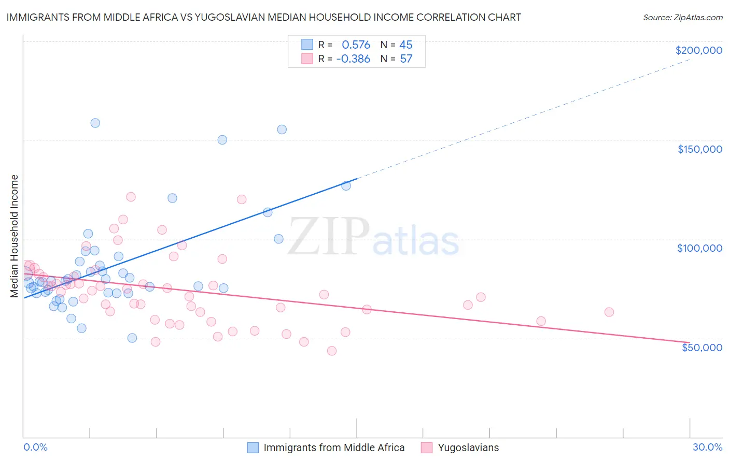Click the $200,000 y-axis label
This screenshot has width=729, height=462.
698,50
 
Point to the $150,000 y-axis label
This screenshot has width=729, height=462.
699,149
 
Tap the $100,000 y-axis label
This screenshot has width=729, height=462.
699,248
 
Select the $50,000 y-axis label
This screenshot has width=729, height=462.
702,347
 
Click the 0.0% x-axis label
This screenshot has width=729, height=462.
35,447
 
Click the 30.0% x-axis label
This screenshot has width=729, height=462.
707,447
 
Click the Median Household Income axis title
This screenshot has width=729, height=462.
15,236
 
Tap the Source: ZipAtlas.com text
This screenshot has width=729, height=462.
682,18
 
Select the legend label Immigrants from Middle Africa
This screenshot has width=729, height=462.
334,447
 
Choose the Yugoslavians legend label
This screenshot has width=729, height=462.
468,447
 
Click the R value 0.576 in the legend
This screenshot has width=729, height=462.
356,45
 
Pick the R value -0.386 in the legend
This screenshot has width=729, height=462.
353,59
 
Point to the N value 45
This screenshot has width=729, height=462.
406,45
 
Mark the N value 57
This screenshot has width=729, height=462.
406,59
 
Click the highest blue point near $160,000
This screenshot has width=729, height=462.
95,123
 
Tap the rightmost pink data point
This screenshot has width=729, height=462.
609,312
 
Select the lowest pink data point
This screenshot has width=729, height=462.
332,351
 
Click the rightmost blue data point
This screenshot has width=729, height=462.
346,185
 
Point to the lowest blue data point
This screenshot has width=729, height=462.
132,338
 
